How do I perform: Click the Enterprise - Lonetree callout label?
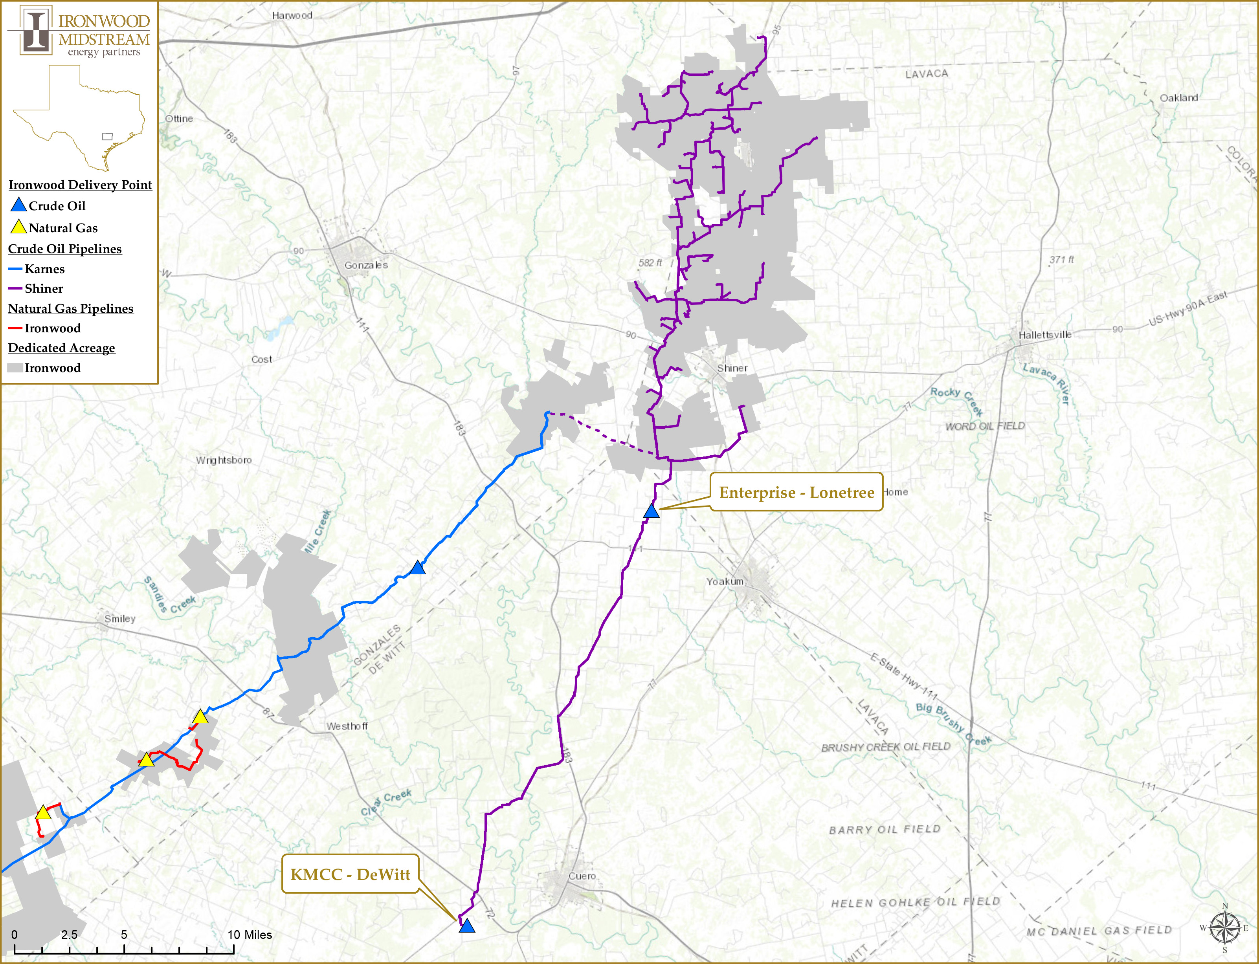tap(797, 492)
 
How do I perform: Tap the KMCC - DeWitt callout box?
tap(350, 874)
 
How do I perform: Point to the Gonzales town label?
tap(366, 265)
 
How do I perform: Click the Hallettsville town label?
tap(1044, 335)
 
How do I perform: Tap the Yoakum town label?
tap(725, 581)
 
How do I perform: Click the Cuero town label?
tap(582, 876)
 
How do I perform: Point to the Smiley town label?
tap(120, 619)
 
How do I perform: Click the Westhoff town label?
tap(347, 726)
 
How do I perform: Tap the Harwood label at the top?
tap(292, 15)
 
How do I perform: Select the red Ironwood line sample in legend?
tap(15, 328)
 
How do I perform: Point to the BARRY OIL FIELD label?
tap(884, 830)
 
